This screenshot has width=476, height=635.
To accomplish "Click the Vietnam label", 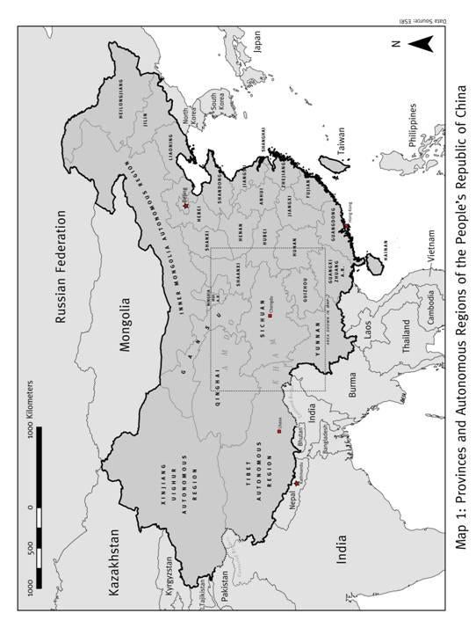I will coord(405,248).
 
